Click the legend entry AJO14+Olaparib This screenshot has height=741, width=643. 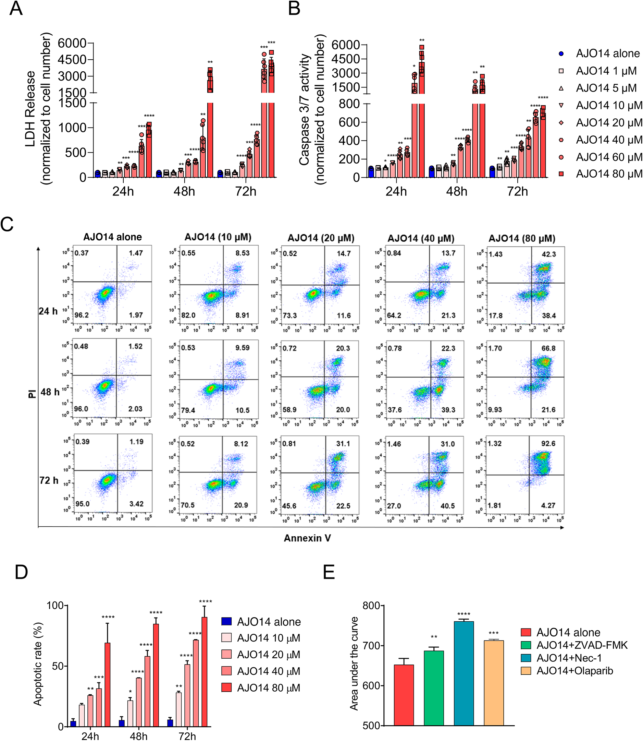(574, 671)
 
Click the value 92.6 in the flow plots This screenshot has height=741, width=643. (548, 444)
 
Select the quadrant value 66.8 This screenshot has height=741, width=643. (548, 348)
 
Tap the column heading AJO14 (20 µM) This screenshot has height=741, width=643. (321, 238)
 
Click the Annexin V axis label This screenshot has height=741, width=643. (307, 538)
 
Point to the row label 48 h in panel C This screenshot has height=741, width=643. (50, 392)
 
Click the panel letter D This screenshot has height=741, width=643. (21, 572)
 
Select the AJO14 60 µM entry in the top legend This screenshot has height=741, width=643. (608, 157)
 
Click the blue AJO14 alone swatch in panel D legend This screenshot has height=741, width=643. (226, 621)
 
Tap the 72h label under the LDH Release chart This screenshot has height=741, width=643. (246, 191)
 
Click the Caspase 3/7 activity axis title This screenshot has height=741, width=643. (304, 109)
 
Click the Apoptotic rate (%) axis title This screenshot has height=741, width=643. (37, 665)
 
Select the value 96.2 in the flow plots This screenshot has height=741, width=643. (82, 315)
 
